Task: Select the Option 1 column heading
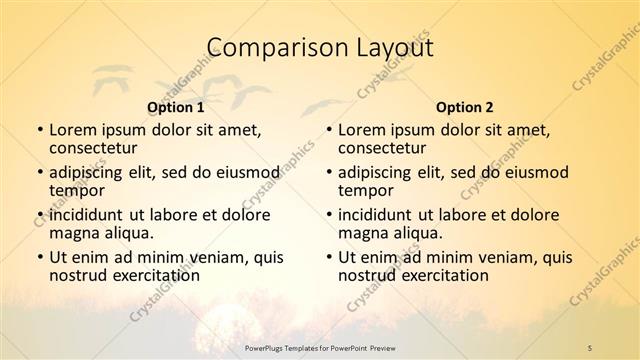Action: click(175, 106)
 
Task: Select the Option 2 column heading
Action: click(464, 106)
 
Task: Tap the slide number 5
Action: click(589, 347)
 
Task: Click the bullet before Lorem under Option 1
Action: click(38, 130)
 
